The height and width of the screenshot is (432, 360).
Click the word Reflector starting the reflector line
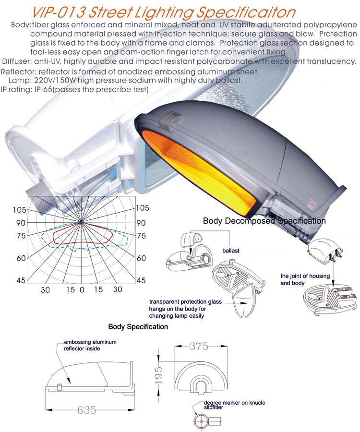point(19,71)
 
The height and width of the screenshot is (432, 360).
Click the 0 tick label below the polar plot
point(82,290)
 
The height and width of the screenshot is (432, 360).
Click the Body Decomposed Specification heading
point(264,221)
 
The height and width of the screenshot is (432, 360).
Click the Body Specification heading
point(138,327)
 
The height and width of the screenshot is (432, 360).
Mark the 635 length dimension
point(86,410)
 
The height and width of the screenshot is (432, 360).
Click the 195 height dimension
point(162,373)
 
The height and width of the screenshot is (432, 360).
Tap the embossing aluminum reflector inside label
point(90,345)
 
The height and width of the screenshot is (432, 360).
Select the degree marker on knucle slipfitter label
point(234,404)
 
